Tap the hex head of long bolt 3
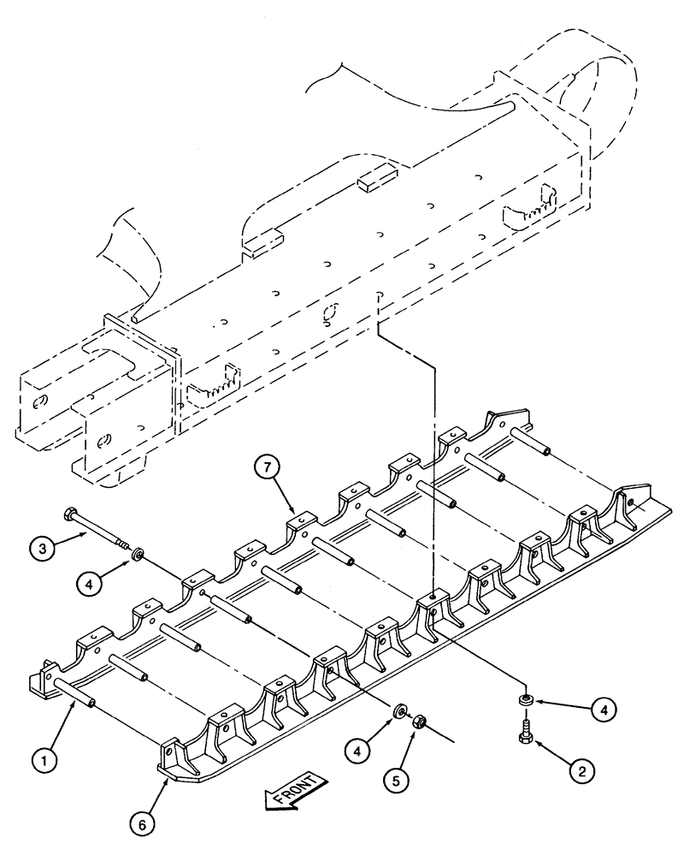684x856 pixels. tap(70, 514)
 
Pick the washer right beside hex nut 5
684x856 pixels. tap(399, 713)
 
